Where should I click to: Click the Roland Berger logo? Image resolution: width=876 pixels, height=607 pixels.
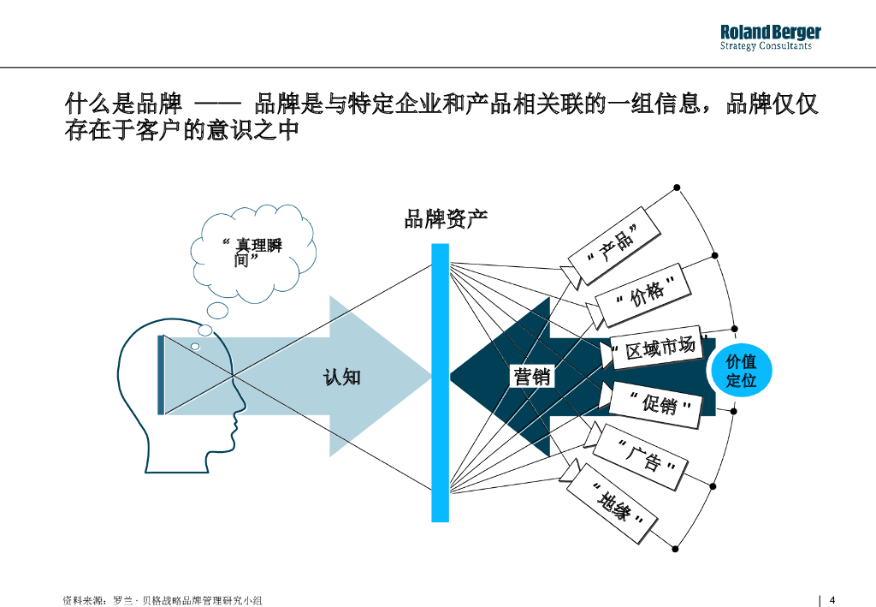click(770, 33)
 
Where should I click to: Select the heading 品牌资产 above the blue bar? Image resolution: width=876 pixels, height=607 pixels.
click(446, 219)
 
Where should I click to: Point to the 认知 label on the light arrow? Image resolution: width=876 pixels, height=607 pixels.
click(341, 377)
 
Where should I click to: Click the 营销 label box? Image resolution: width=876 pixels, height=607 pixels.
click(531, 376)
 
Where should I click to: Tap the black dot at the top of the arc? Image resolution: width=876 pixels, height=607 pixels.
click(677, 187)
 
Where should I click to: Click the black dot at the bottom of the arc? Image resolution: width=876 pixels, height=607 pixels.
click(677, 549)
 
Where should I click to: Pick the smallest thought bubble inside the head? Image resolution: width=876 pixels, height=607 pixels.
click(195, 346)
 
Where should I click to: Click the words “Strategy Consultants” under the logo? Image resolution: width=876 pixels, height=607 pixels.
click(766, 46)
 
